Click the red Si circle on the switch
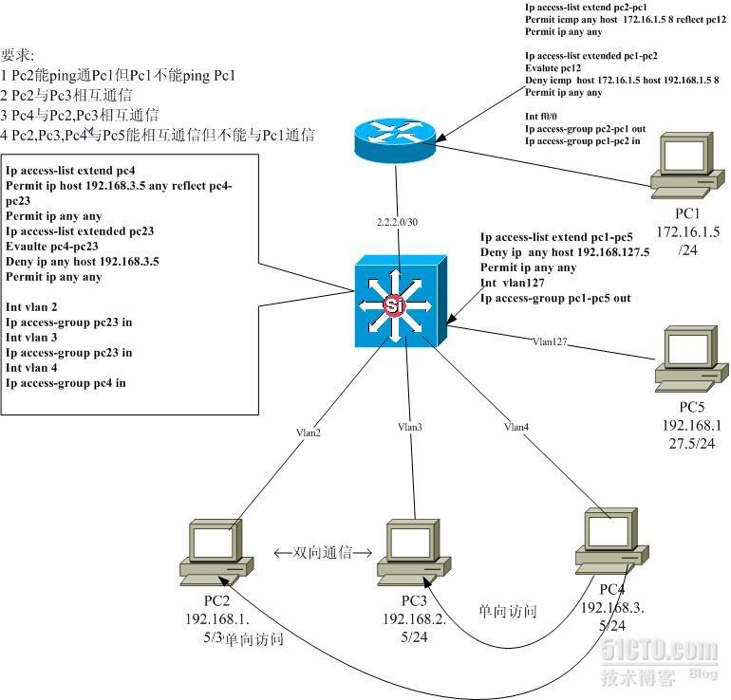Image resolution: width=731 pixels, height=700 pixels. [393, 304]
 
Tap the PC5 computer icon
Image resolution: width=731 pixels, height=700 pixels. [686, 359]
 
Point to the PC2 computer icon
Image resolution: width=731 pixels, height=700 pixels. [217, 551]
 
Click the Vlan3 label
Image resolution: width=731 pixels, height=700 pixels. [410, 427]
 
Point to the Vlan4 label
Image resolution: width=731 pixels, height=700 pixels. [516, 427]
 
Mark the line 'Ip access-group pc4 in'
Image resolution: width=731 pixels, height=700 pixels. [66, 383]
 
